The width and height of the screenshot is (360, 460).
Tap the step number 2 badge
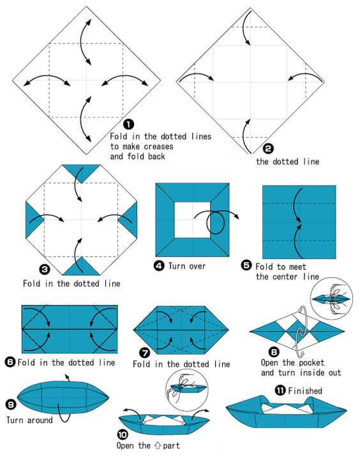coord(268,149)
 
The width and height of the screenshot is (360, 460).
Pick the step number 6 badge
coord(10,362)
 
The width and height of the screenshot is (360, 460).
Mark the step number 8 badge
coord(273,352)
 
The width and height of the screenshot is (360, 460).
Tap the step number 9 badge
coord(10,404)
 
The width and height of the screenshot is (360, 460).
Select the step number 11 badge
coord(278,390)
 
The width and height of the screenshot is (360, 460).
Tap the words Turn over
coord(187,266)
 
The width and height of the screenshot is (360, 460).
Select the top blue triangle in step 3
coord(81,171)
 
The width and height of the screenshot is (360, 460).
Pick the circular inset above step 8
coord(331,299)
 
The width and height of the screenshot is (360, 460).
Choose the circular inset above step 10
coord(187,385)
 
